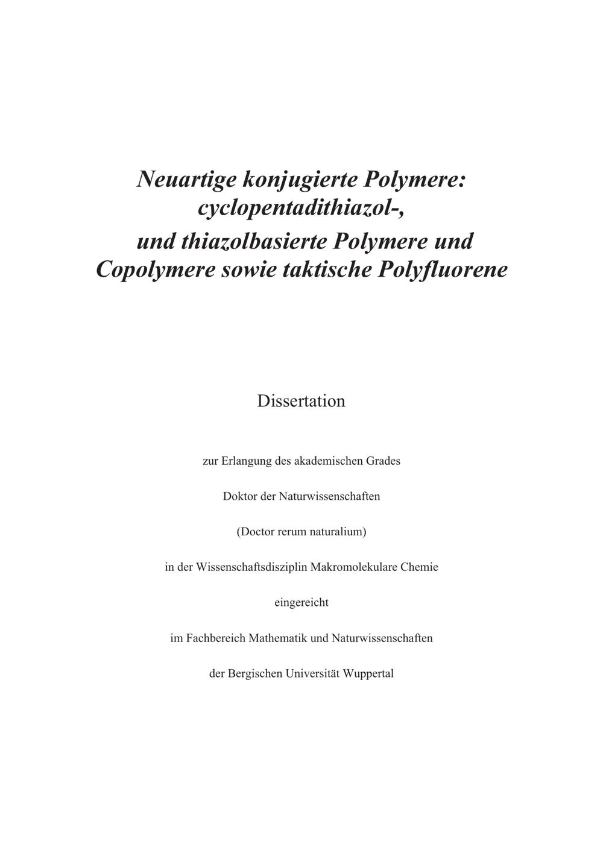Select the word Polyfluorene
point(443,269)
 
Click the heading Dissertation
point(301,401)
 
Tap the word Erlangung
point(247,461)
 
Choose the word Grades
point(383,461)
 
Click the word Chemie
point(420,567)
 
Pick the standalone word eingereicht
point(301,602)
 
